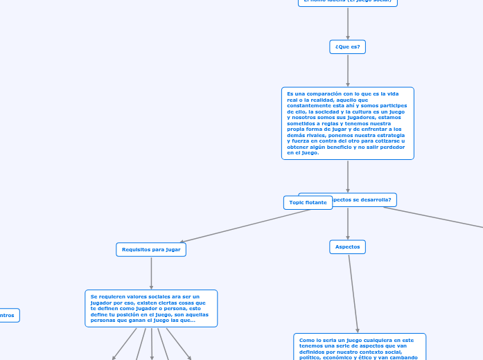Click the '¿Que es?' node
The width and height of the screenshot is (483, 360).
coord(347,47)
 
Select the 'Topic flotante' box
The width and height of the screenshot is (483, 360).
coord(308,203)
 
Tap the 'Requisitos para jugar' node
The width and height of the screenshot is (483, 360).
coord(151,249)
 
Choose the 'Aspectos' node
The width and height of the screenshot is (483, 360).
coord(347,246)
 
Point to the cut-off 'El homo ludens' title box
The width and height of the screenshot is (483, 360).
coord(347,2)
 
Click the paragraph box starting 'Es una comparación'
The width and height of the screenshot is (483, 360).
coord(347,123)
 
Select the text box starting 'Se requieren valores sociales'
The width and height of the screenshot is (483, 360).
coord(151,308)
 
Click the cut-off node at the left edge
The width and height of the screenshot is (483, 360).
coord(9,316)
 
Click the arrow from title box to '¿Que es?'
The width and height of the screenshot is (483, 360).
coord(348,23)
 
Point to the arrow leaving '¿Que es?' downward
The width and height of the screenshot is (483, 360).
coord(348,70)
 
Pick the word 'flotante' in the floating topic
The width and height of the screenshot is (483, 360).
coord(316,203)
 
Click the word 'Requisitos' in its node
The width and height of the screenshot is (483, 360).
coord(136,249)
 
